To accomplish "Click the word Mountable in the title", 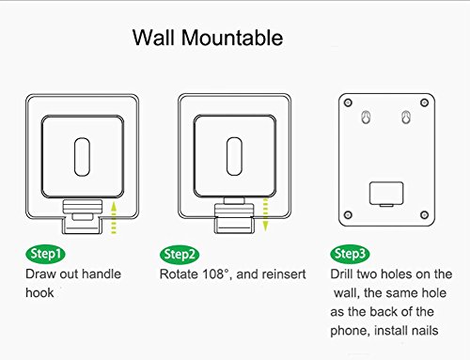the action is pos(232,38).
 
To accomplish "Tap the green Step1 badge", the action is pos(45,254).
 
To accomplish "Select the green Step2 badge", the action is pos(180,254).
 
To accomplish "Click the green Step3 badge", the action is pos(350,254).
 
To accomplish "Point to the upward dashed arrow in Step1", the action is pos(114,218).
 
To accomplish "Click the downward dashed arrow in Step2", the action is pos(265,214).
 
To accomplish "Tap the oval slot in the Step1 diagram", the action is pos(82,157).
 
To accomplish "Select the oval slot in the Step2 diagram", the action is pos(234,156).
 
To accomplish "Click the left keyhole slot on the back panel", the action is pos(366,117).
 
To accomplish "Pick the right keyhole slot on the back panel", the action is pos(406,117).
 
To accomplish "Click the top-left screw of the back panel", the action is pos(348,102).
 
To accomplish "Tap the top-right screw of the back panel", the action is pos(425,102).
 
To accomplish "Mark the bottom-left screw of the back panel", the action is pos(348,215).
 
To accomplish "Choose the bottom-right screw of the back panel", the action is pos(425,215).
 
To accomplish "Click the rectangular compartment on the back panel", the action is pos(386,194).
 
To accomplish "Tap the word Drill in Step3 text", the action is pos(341,274).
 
